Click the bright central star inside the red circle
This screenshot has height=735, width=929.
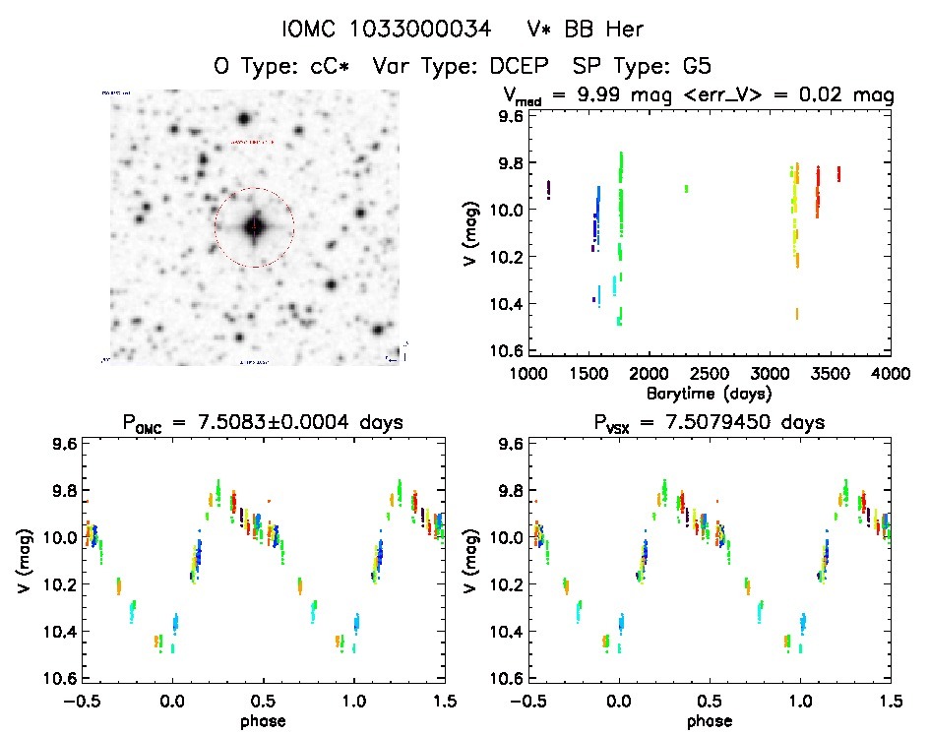[x=254, y=226]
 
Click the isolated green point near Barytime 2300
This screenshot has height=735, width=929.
[x=686, y=188]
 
